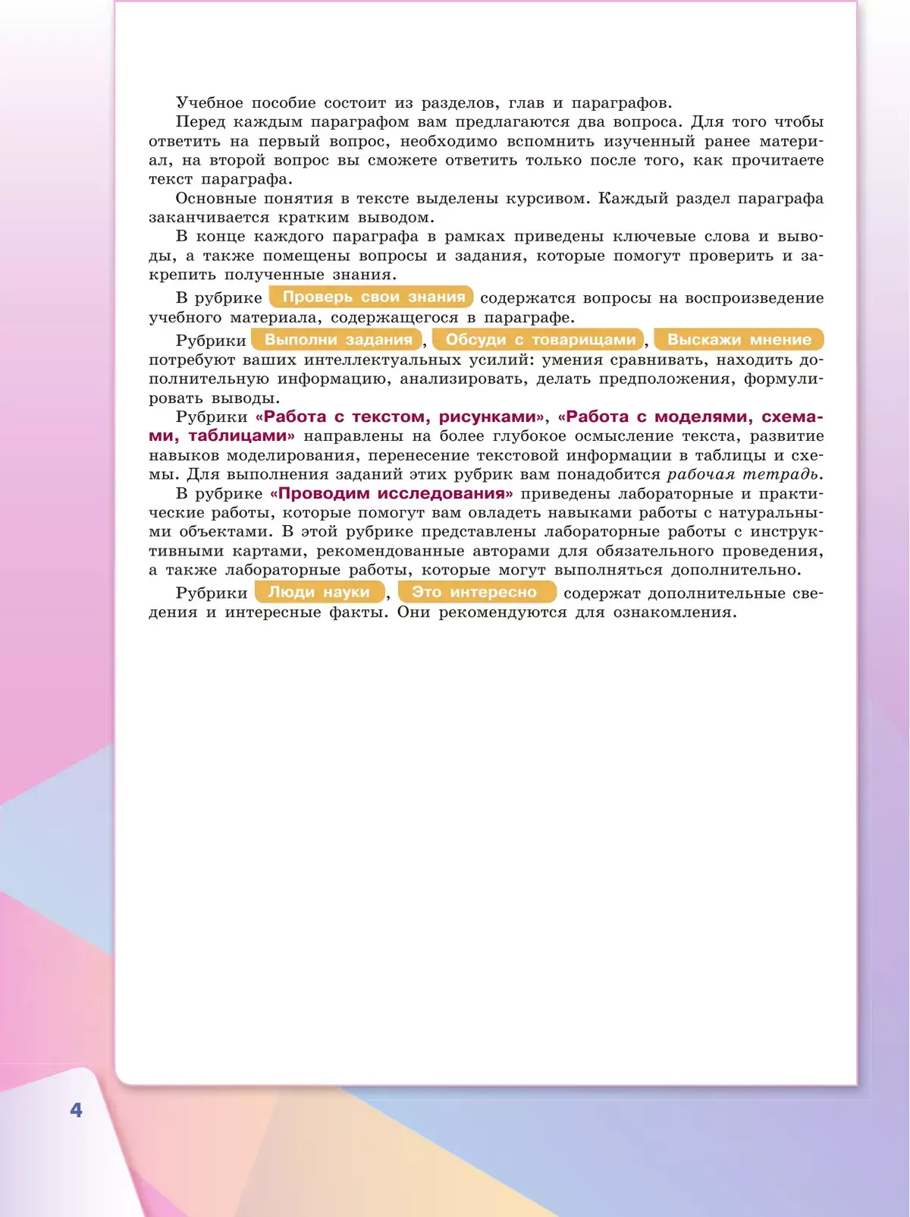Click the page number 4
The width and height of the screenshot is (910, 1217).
[76, 1111]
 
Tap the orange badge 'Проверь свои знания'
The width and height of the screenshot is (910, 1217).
[372, 297]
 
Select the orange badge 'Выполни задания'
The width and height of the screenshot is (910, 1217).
[337, 339]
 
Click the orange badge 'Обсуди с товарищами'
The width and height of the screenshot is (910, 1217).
[539, 339]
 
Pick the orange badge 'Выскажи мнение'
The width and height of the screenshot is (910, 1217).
[739, 339]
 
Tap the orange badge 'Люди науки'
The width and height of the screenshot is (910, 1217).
[318, 592]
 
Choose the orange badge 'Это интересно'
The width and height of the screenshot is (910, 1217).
[475, 592]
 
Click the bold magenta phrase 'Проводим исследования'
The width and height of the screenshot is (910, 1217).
[391, 493]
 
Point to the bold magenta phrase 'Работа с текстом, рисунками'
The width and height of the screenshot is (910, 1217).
[400, 417]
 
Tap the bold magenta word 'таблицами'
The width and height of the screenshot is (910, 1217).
[242, 436]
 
